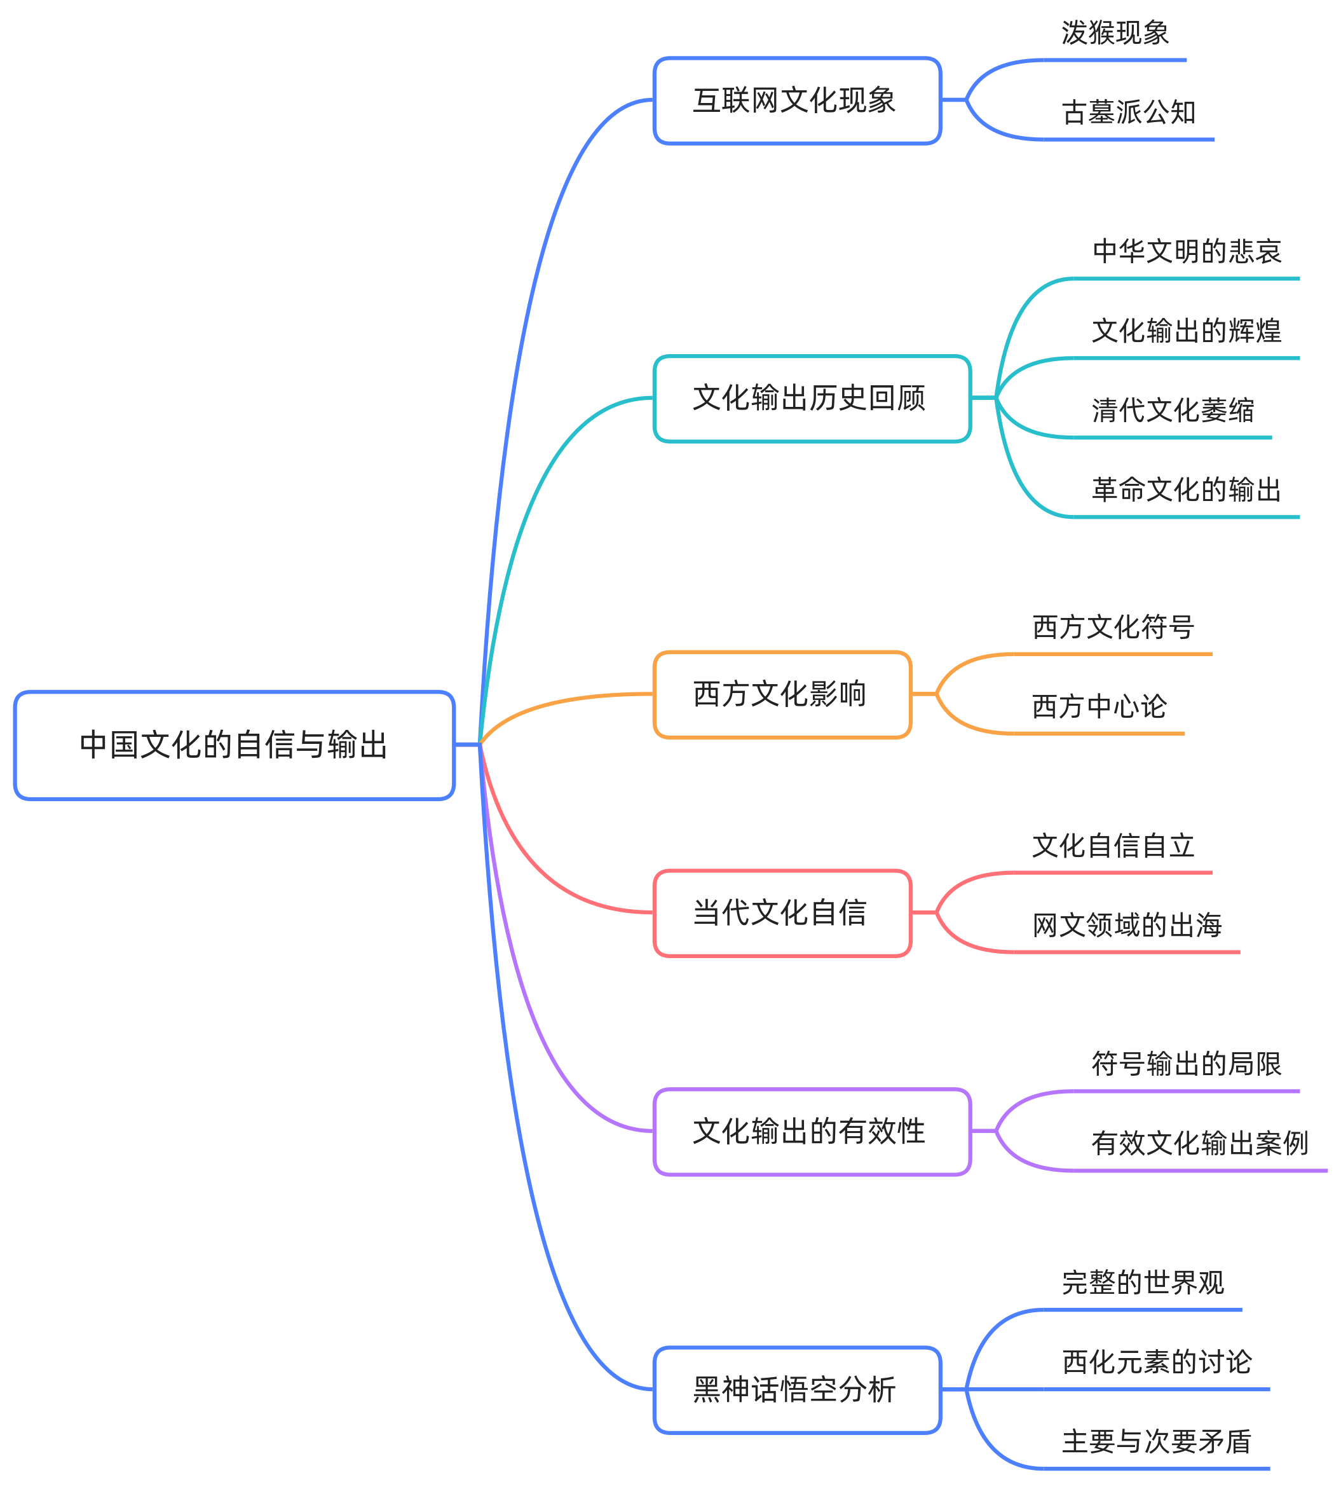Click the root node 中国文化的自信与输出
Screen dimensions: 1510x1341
[x=234, y=745]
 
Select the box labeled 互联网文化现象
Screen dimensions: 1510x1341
[x=797, y=100]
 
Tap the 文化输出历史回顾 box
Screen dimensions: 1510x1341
[x=812, y=398]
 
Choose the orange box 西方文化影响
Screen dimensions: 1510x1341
[x=782, y=694]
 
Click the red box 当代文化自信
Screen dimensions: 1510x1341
[x=782, y=913]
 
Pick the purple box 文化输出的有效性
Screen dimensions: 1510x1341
[x=812, y=1131]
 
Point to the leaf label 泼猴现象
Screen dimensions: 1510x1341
[x=1114, y=33]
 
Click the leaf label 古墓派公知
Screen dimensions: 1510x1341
[x=1128, y=113]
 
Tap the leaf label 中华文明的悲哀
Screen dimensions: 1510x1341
[x=1186, y=251]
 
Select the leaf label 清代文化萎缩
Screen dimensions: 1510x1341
[x=1173, y=410]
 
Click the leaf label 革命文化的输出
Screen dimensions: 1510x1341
[x=1186, y=489]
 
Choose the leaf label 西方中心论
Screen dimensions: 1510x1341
[x=1099, y=706]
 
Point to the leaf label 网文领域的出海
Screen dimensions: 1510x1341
[x=1127, y=925]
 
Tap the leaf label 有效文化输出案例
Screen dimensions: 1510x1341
[x=1199, y=1143]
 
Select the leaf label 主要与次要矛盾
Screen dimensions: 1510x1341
[x=1157, y=1441]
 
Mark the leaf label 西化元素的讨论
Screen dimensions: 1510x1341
[x=1157, y=1361]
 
